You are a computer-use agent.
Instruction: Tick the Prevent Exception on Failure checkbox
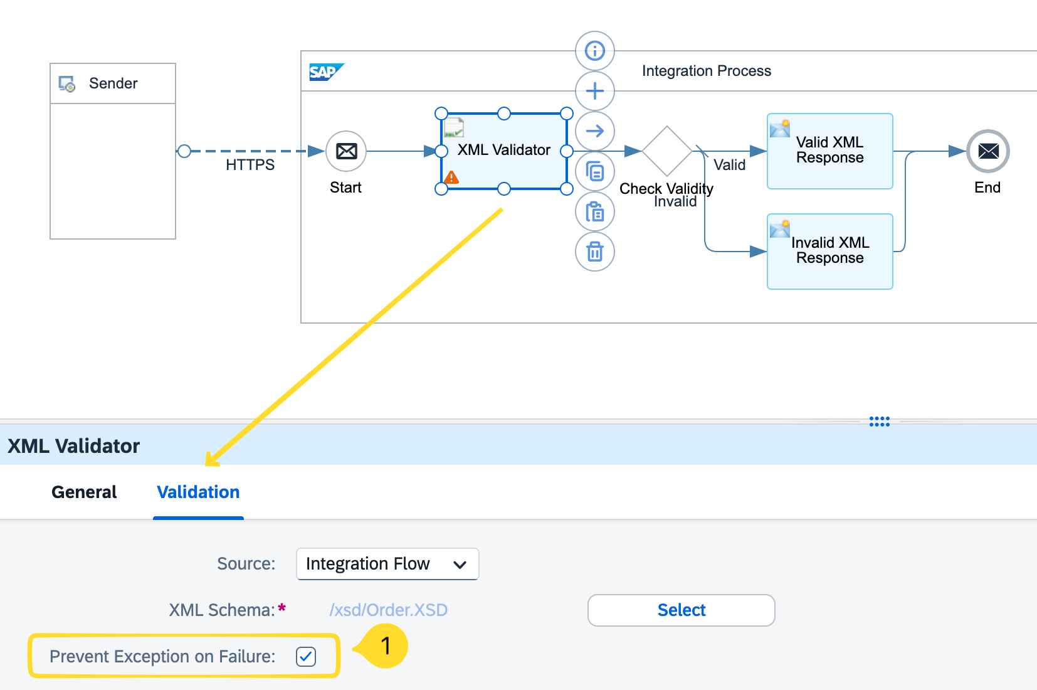pos(306,657)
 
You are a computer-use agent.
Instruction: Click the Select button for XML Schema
pos(681,610)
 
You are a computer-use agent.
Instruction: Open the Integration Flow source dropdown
pos(387,564)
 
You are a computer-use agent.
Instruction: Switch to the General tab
pos(84,492)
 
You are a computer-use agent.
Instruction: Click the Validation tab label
pos(198,492)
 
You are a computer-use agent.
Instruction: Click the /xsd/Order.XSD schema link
pos(388,610)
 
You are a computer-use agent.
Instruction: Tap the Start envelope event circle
pos(346,151)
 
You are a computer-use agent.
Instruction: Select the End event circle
pos(988,151)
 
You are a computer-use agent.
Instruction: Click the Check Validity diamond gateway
pos(667,151)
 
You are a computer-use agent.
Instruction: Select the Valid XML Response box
pos(829,151)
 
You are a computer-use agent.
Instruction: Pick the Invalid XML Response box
pos(829,252)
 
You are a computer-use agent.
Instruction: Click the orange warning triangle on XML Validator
pos(451,178)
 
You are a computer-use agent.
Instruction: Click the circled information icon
pos(594,51)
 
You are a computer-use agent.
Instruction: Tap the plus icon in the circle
pos(594,91)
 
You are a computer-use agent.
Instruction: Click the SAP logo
pos(325,72)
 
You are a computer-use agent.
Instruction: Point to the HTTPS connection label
pos(250,165)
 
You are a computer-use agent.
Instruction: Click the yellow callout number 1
pos(385,645)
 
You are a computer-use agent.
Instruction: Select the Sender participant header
pos(113,83)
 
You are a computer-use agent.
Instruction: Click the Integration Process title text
pos(706,71)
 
